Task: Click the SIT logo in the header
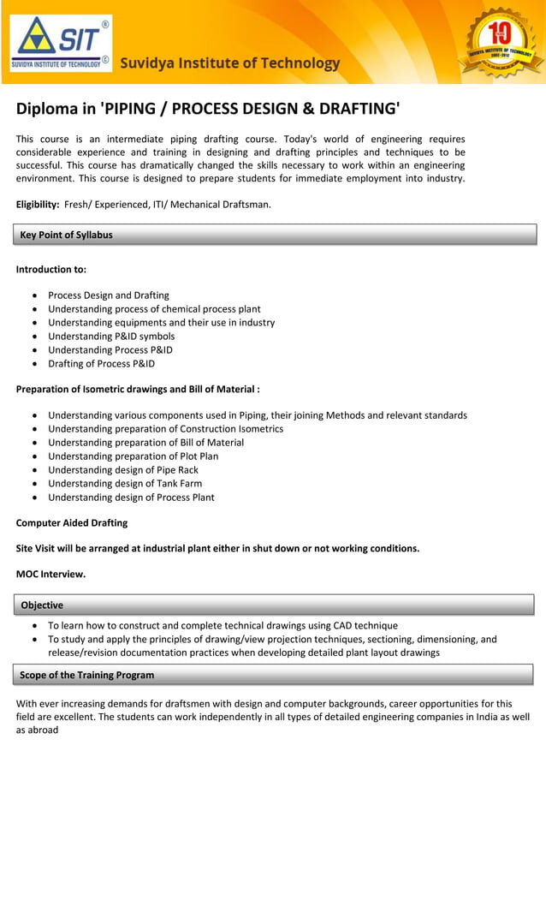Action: tap(60, 43)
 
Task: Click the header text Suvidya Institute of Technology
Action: tap(229, 63)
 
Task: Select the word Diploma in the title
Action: tap(50, 109)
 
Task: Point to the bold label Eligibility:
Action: tap(38, 204)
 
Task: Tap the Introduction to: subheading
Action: tap(51, 269)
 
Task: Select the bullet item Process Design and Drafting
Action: tap(108, 295)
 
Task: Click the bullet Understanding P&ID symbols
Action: tap(110, 337)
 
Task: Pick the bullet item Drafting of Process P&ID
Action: tap(101, 364)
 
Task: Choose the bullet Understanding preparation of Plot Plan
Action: tap(133, 456)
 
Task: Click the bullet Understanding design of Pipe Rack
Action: tap(122, 470)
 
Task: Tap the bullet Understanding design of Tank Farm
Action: tap(125, 484)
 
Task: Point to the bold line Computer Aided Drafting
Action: tap(72, 522)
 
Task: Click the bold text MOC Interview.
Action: tap(50, 574)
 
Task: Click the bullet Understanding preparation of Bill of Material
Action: tap(145, 443)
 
